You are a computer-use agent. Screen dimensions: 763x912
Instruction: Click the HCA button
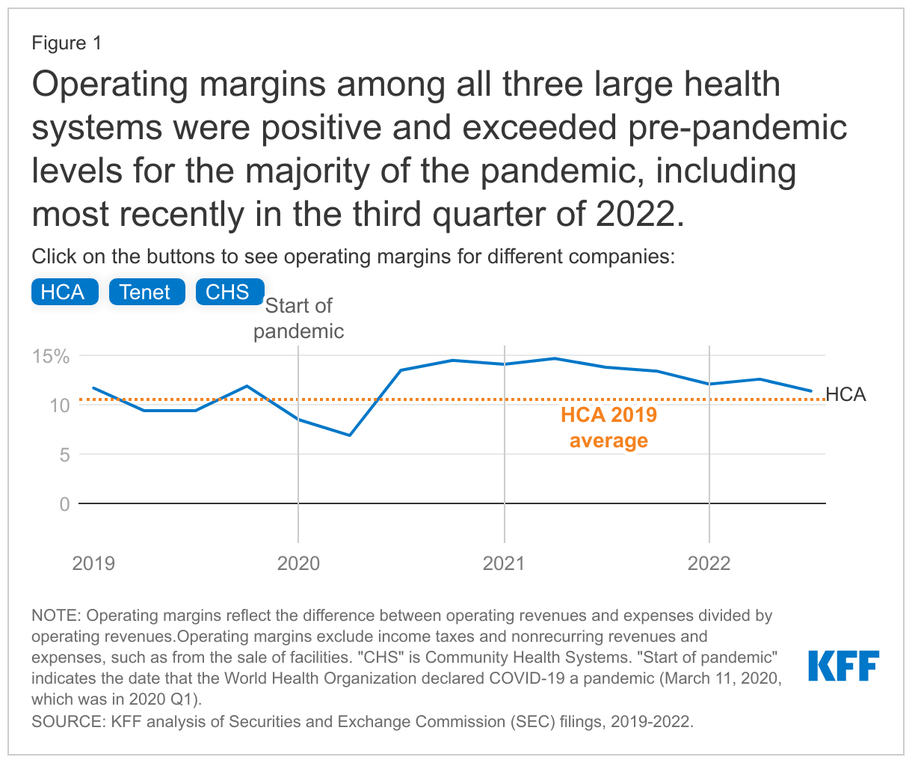(x=64, y=292)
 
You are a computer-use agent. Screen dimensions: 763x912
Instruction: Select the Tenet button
(x=147, y=292)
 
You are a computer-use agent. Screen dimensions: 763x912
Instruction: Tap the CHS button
(x=229, y=292)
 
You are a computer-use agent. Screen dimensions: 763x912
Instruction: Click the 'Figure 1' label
(x=67, y=43)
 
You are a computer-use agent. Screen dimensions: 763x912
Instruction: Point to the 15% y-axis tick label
(x=50, y=356)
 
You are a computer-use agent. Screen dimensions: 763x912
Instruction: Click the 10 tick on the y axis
(x=60, y=405)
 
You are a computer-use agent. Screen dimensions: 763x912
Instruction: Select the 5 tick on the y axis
(x=64, y=455)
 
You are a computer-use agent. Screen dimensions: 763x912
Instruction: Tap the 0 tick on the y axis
(x=64, y=504)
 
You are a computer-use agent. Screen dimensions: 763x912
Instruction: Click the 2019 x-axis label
(x=93, y=563)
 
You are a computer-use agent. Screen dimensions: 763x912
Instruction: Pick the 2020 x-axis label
(x=298, y=563)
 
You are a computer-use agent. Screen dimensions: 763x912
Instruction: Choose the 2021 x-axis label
(x=504, y=563)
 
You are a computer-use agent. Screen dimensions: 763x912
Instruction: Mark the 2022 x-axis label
(x=709, y=563)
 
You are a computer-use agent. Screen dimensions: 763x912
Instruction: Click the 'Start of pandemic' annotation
(x=299, y=319)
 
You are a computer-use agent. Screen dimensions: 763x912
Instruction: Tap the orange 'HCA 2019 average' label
(x=608, y=428)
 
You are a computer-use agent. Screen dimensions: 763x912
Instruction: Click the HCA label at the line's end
(x=846, y=394)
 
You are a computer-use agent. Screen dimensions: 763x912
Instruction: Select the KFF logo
(x=844, y=666)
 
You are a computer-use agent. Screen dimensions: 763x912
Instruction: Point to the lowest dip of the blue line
(x=349, y=435)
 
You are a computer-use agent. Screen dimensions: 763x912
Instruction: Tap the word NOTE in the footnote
(x=55, y=616)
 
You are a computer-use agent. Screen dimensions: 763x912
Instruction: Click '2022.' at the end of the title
(x=640, y=215)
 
